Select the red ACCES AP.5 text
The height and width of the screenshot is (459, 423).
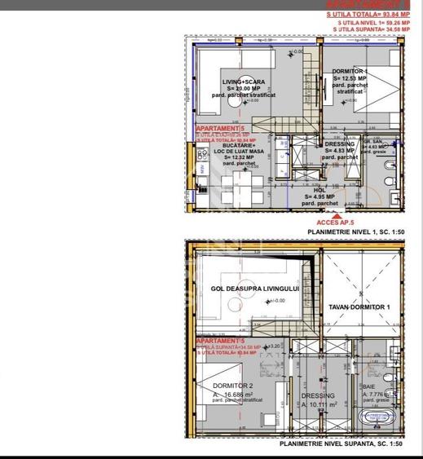point(337,222)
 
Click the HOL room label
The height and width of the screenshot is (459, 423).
point(319,189)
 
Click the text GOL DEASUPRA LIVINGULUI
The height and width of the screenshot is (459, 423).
point(255,289)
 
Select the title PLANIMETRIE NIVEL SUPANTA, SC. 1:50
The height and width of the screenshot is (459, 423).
point(341,444)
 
